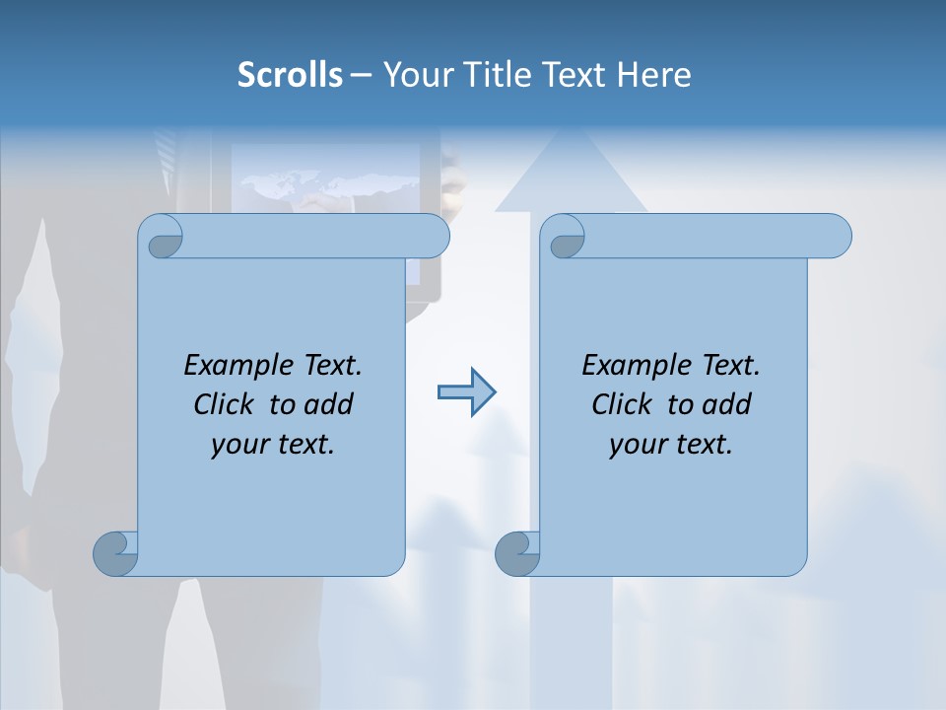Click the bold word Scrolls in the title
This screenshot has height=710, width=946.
coord(290,75)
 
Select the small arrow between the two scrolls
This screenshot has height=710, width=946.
coord(466,392)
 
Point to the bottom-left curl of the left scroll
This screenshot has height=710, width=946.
coord(116,553)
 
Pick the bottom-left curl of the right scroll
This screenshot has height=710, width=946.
coord(517,553)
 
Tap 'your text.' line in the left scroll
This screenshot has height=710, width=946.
coord(273,444)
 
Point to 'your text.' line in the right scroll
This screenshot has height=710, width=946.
coord(671,444)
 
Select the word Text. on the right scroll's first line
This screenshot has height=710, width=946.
coord(730,365)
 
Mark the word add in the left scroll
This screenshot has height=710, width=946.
coord(328,404)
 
